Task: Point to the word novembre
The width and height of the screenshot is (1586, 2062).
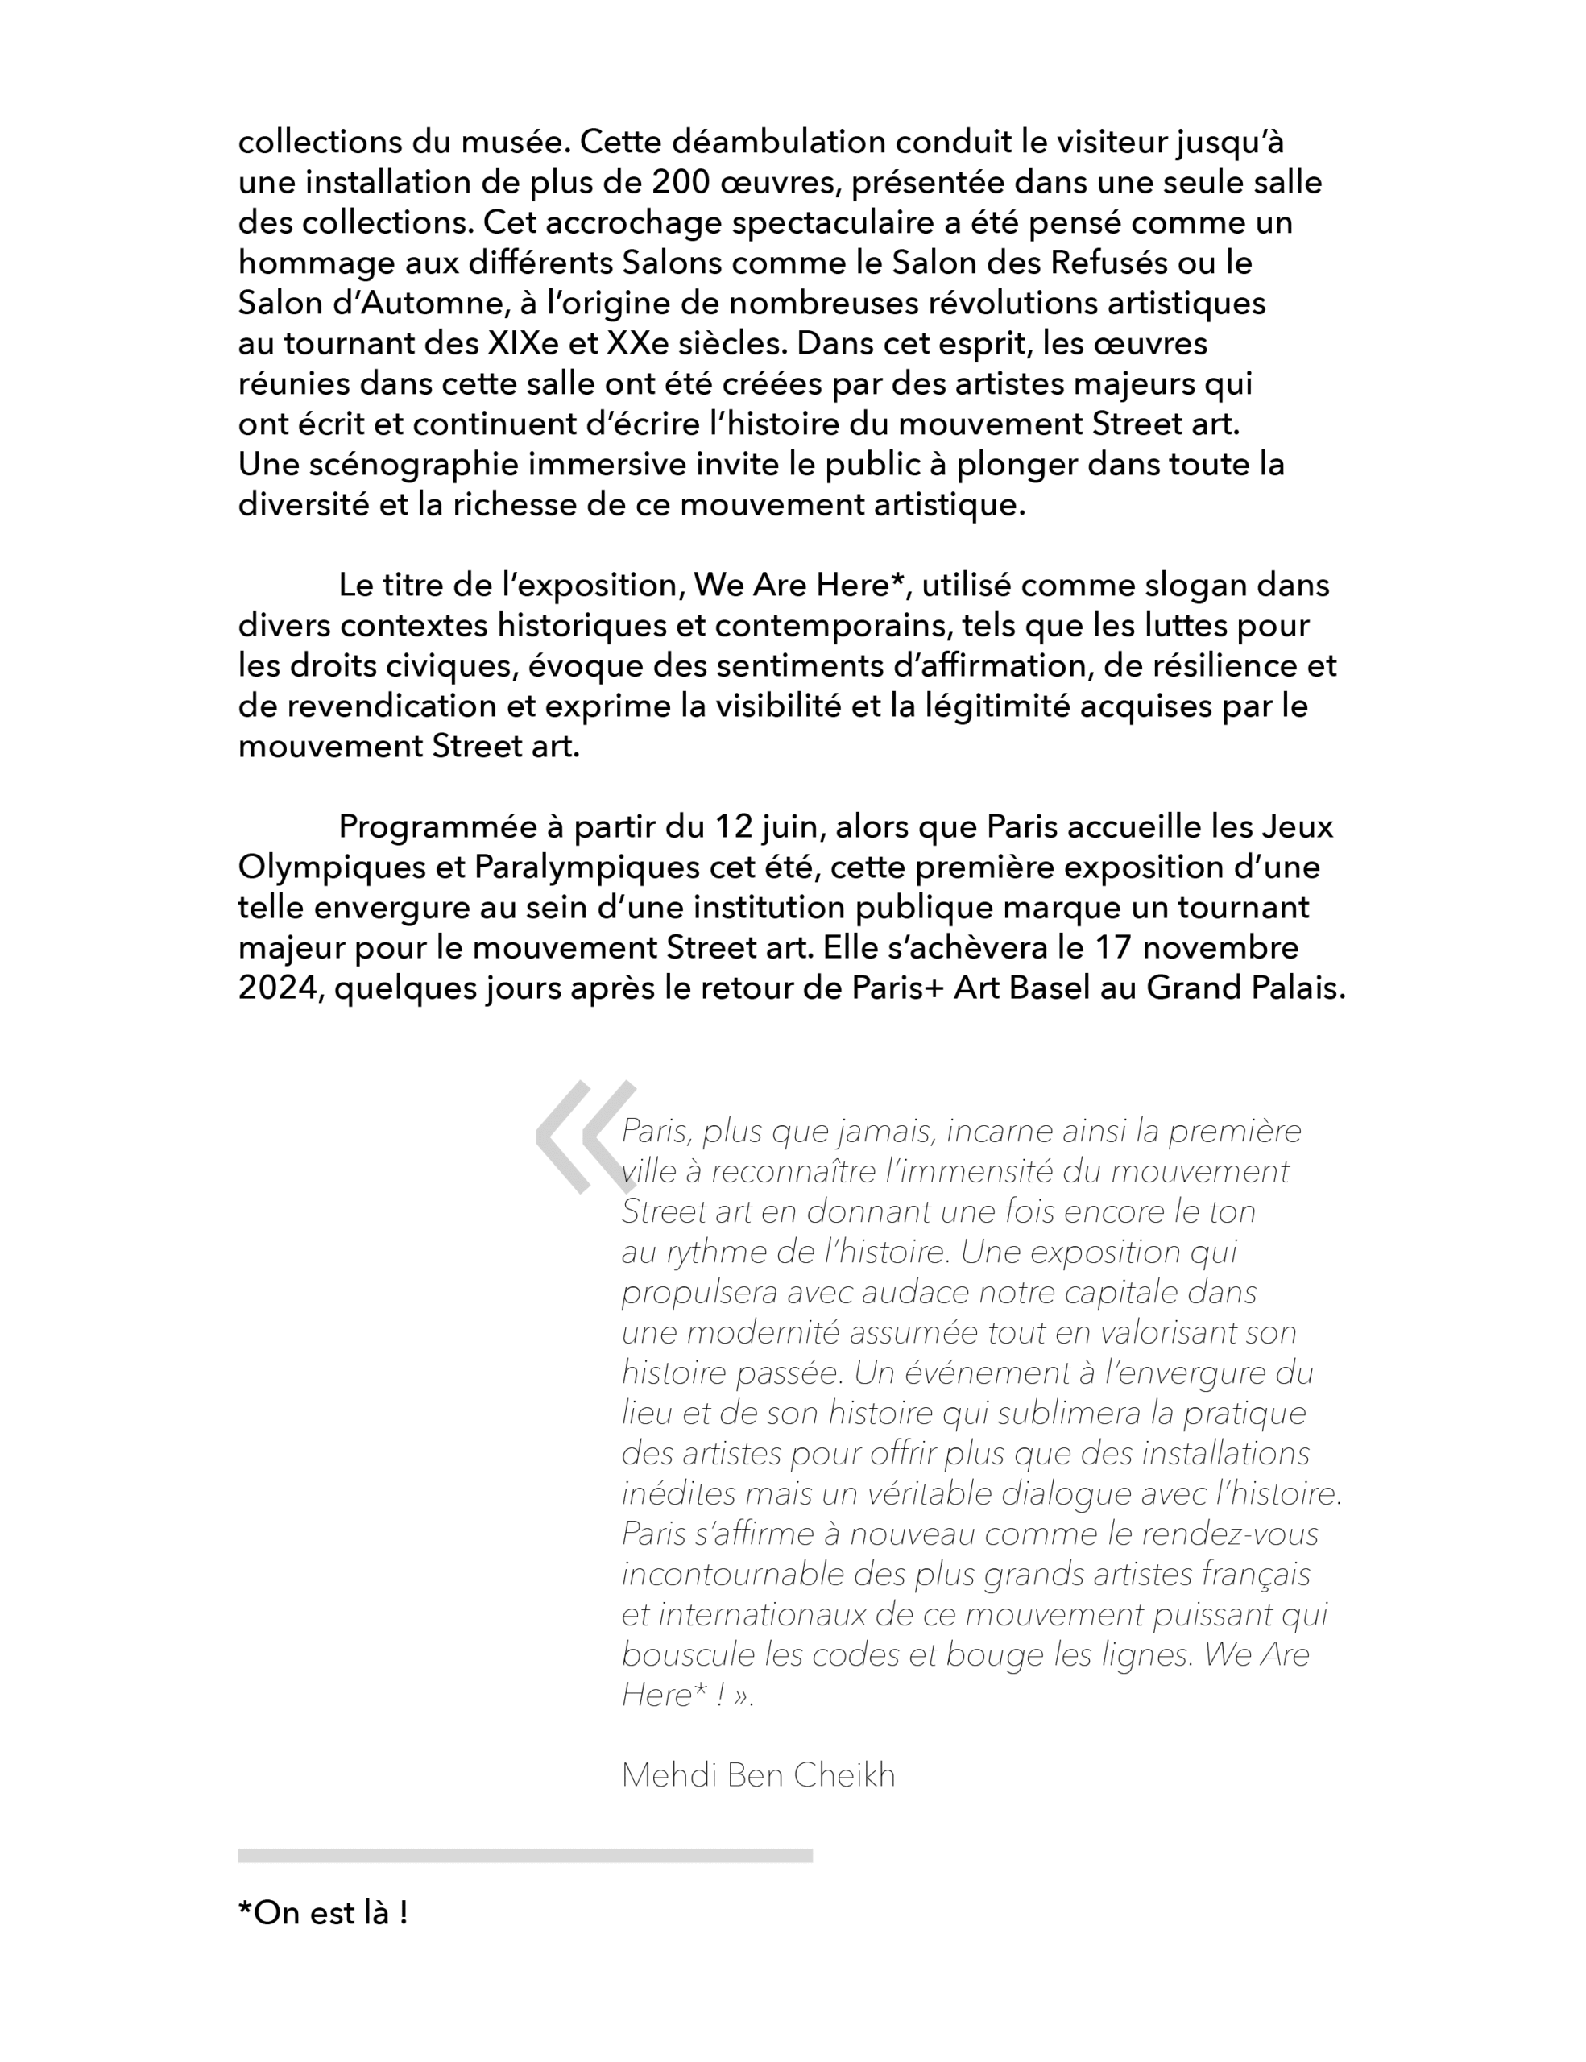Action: pos(1217,947)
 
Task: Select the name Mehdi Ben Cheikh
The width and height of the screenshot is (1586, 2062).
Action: pos(758,1776)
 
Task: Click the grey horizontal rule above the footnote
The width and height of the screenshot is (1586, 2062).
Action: pos(525,1856)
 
